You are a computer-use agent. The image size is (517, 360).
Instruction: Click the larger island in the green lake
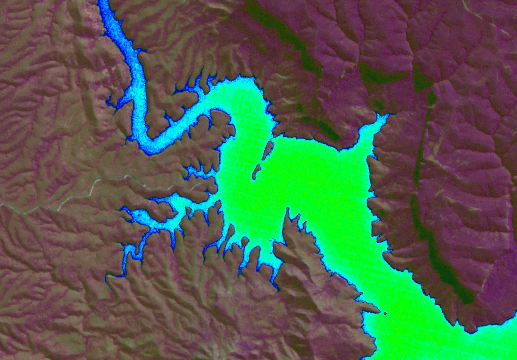coord(268,150)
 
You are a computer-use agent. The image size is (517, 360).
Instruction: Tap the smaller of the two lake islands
coord(256,172)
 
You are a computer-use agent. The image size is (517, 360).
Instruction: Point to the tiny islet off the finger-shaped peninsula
coord(385,313)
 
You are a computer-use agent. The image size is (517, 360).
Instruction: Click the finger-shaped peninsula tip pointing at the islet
coord(376,309)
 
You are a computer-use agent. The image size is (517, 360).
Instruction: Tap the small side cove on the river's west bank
coord(113,103)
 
